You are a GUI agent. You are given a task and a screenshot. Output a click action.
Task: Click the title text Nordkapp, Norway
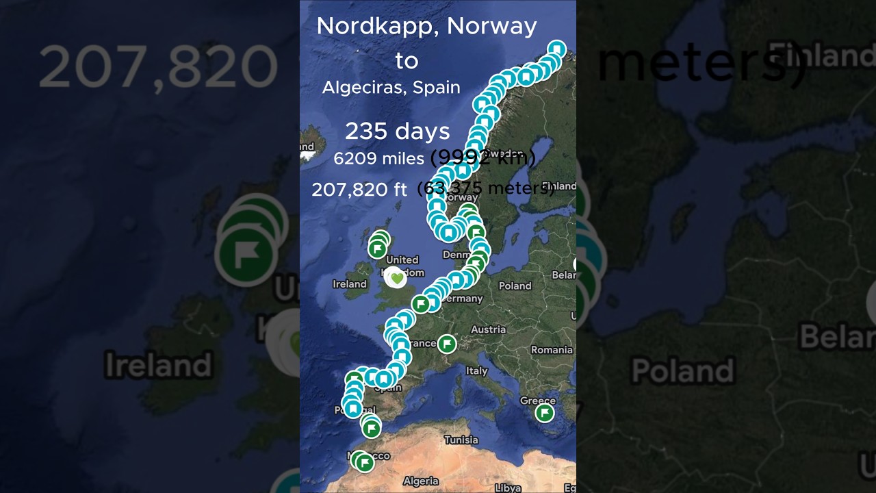(426, 26)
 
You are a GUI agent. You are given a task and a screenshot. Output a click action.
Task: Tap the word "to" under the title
(407, 61)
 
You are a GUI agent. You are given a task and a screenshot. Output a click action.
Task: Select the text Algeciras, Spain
(391, 88)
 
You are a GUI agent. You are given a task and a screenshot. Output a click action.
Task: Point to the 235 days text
(397, 131)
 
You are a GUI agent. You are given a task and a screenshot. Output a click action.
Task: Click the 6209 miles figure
(378, 159)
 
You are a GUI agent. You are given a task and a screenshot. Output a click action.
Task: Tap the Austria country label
(488, 329)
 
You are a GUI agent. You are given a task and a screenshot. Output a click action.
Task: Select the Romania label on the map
(552, 350)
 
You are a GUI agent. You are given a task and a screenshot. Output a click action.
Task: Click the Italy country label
(476, 370)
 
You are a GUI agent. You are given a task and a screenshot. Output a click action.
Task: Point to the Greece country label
(537, 401)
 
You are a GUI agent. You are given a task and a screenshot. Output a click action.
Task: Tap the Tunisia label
(461, 440)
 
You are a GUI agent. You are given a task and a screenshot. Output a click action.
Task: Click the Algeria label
(420, 481)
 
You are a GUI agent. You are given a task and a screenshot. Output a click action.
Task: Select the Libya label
(507, 488)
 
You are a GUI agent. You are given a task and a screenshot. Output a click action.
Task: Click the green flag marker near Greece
(545, 413)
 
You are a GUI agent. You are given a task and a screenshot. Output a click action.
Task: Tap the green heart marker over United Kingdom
(396, 278)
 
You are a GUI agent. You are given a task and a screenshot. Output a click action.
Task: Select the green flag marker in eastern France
(447, 344)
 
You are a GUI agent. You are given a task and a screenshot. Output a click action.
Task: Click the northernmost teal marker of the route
(558, 49)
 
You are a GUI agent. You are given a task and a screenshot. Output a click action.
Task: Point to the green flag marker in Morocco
(365, 463)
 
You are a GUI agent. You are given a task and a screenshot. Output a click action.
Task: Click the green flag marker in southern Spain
(371, 429)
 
